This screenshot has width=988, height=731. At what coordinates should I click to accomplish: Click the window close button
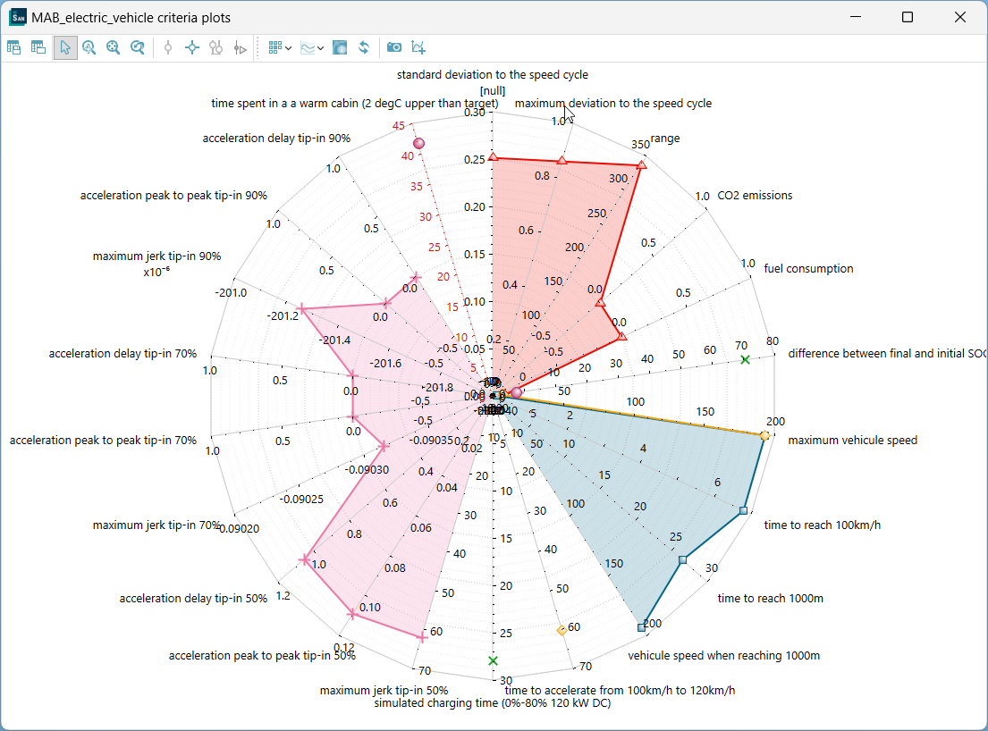960,17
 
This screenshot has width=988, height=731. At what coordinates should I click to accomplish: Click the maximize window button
908,17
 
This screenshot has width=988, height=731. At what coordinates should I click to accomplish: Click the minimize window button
855,17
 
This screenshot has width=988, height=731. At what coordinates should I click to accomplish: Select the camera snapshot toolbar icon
393,47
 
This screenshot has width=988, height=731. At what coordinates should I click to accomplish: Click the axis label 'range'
664,139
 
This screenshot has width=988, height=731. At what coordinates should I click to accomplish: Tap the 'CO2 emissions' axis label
755,196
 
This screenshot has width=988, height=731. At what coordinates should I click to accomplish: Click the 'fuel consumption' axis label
808,268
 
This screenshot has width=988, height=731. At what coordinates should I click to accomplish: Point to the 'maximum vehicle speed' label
852,440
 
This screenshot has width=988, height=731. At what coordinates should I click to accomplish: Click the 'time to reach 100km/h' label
822,525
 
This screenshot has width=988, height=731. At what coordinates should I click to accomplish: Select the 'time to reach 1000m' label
770,598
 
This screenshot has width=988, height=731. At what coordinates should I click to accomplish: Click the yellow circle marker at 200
764,435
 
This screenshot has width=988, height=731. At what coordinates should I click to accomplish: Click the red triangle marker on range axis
641,165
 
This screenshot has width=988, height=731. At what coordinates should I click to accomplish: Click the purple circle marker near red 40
418,144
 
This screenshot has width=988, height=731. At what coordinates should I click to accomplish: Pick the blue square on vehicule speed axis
641,628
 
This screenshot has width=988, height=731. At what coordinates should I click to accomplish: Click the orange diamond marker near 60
561,631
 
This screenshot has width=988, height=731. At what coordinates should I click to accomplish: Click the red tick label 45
398,126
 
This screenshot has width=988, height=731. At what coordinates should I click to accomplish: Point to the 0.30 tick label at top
475,113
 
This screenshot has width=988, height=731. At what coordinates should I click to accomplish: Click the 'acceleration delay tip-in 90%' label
276,139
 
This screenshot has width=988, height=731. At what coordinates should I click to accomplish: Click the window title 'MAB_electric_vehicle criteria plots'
131,17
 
